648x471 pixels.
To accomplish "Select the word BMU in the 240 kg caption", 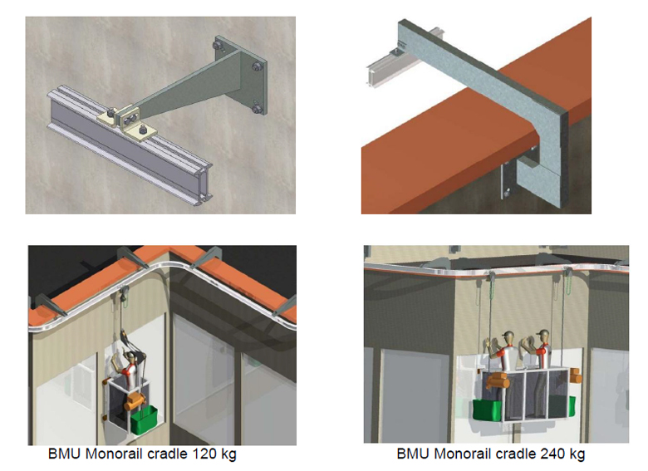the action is (x=414, y=454).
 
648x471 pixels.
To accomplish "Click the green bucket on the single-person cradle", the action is (x=145, y=419).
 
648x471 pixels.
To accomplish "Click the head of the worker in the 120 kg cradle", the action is (x=131, y=357).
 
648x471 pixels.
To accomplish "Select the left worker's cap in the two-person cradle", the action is (x=508, y=334).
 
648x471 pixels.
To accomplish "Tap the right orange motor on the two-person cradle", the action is (x=575, y=375).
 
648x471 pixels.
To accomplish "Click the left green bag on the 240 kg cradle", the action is (x=487, y=410).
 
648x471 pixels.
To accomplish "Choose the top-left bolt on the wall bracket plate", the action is (x=218, y=44).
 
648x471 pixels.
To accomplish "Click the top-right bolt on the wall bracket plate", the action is (x=257, y=66).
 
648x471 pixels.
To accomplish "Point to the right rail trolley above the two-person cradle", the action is (x=569, y=273).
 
